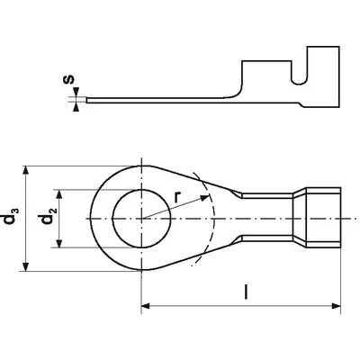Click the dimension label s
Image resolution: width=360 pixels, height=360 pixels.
pos(69,79)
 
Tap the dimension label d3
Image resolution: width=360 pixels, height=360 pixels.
pos(12,215)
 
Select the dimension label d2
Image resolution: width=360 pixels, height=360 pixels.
pos(49,215)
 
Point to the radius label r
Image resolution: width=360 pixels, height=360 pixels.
pos(178,197)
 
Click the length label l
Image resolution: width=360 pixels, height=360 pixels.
pos(246,292)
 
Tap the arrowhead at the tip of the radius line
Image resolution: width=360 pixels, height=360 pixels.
pos(204,198)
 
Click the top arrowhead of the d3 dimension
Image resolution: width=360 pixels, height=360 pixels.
pos(26,170)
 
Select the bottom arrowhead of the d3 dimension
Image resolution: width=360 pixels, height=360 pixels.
pos(26,266)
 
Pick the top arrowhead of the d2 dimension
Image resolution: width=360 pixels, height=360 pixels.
pos(59,194)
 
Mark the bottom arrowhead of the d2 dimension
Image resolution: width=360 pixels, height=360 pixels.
pos(59,243)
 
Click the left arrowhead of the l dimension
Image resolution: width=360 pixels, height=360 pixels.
pos(146,306)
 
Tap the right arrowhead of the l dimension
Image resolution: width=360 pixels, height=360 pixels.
pos(337,306)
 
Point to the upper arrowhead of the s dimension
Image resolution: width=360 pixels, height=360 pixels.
pos(76,92)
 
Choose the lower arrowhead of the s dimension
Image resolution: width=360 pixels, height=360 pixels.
pos(76,107)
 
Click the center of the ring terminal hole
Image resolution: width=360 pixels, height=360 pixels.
pos(141,219)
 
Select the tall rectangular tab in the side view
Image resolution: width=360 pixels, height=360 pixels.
pos(323,76)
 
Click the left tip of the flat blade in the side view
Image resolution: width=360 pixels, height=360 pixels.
pos(86,100)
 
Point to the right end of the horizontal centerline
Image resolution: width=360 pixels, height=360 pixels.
pos(349,219)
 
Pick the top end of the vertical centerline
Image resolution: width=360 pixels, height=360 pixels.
pos(141,157)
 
